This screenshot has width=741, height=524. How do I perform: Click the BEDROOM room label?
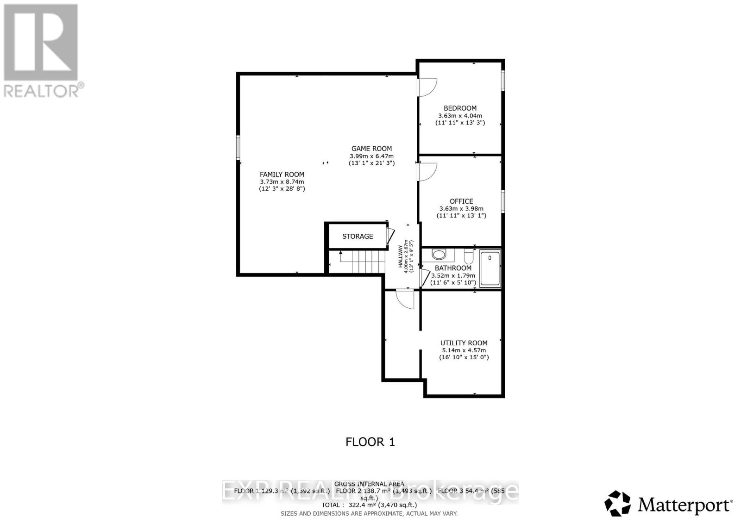(460, 108)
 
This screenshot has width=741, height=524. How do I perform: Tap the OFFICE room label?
(461, 201)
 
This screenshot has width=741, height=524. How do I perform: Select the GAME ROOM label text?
(371, 149)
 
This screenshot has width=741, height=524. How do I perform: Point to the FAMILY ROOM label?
(282, 175)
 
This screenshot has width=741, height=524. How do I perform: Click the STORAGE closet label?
(358, 237)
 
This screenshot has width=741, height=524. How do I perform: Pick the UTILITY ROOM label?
(464, 343)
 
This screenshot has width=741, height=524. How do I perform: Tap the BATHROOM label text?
(453, 268)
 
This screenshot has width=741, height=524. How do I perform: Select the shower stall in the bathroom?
(490, 268)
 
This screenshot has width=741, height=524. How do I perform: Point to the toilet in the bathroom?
(467, 255)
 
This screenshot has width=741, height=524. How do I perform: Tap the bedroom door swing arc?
(427, 87)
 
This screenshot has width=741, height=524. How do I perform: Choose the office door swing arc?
(427, 172)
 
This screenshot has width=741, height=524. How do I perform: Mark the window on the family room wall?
(238, 147)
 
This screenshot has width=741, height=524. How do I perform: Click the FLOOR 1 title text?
(370, 442)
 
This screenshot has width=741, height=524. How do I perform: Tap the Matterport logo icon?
(617, 503)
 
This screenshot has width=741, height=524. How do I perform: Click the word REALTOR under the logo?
(42, 91)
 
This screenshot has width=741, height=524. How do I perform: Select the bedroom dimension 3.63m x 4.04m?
(460, 116)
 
